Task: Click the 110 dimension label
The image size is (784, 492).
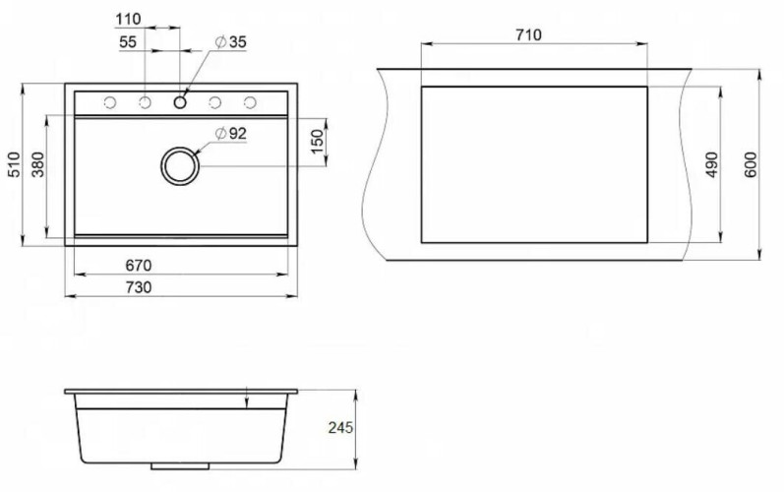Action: pos(128,20)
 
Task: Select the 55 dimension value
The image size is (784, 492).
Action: pos(128,42)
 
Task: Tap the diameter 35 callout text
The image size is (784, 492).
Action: pos(231,42)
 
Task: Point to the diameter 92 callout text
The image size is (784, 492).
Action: pos(231,134)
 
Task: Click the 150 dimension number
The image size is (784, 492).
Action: pos(317,142)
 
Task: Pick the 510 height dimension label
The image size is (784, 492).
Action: pos(15,164)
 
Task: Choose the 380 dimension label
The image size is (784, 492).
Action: pos(38,164)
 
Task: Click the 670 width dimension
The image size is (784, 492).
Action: pos(138,265)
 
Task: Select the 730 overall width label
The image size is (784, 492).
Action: pos(138,287)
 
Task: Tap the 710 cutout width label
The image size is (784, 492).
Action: pos(528,35)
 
